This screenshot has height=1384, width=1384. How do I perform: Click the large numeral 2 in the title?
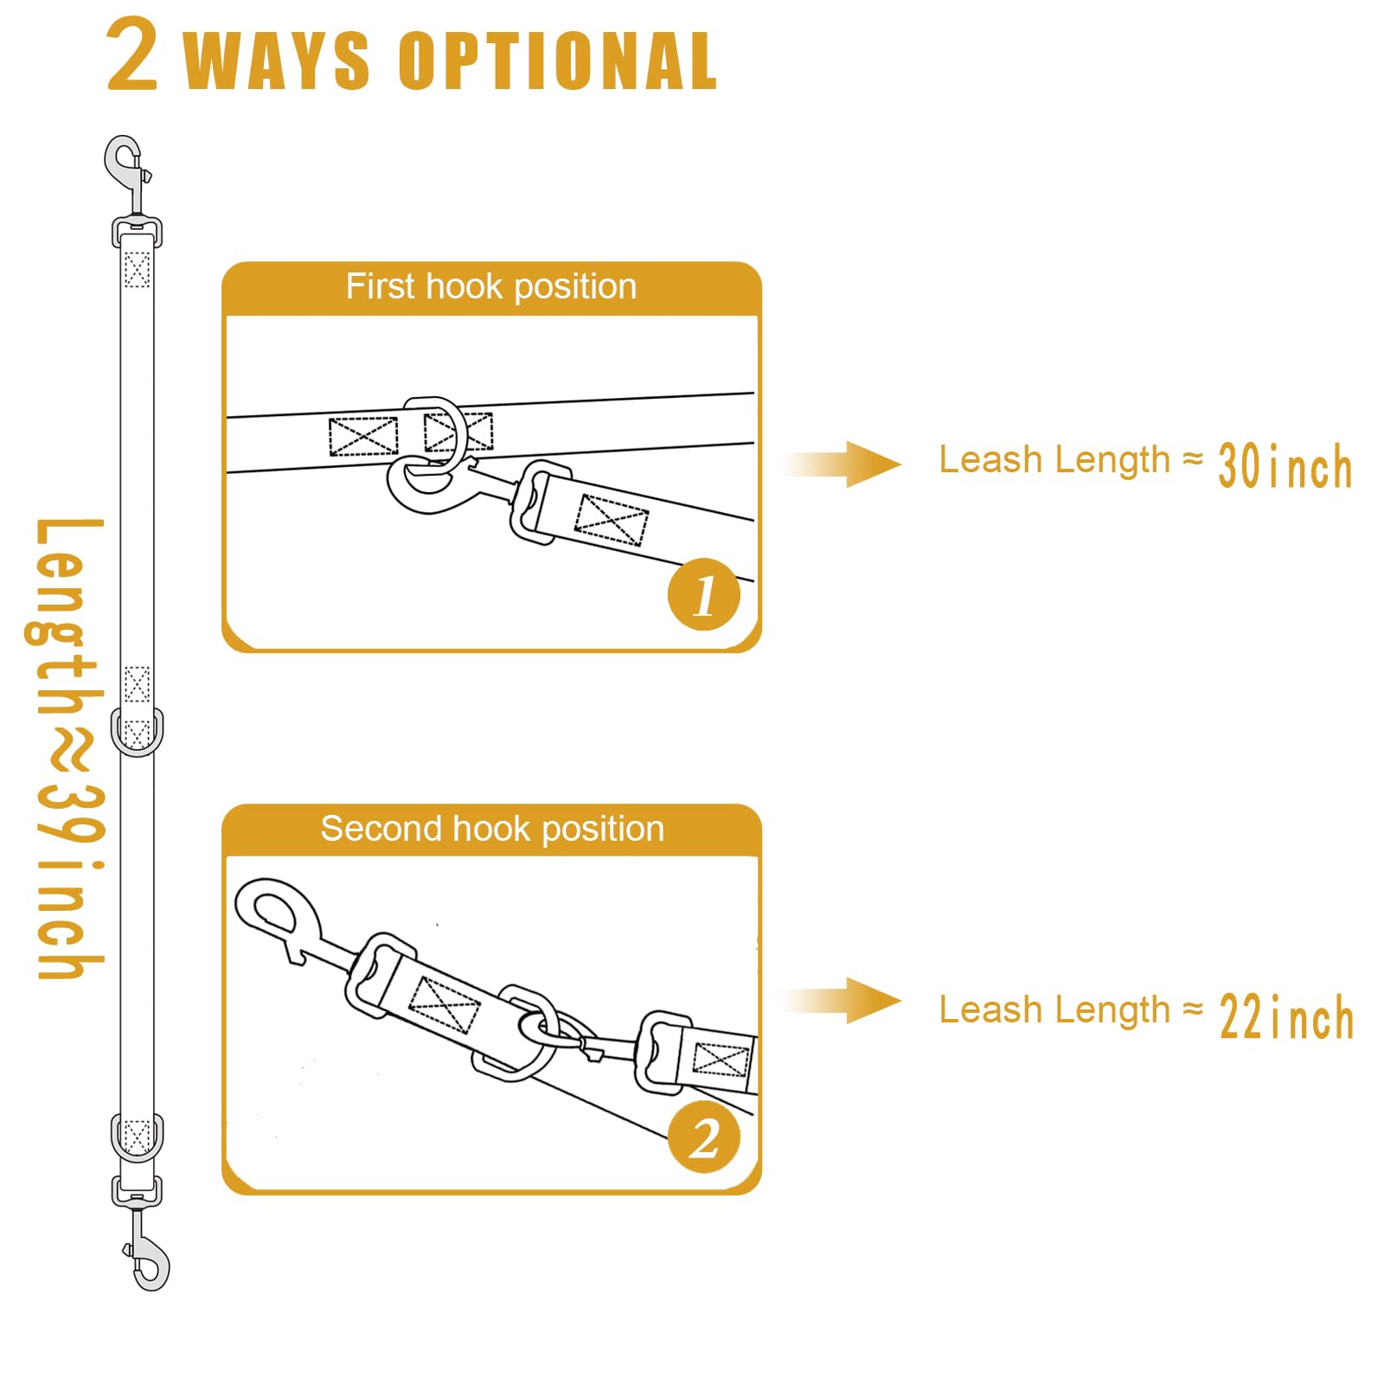pyautogui.click(x=132, y=55)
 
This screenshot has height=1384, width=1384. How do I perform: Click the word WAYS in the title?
pyautogui.click(x=277, y=61)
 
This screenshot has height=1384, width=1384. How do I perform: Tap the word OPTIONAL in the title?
pyautogui.click(x=558, y=61)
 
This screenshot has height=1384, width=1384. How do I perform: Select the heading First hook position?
pyautogui.click(x=491, y=286)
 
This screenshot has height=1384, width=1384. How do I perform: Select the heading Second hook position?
pyautogui.click(x=491, y=829)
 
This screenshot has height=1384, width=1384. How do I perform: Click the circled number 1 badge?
pyautogui.click(x=704, y=594)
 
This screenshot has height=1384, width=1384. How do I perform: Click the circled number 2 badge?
pyautogui.click(x=704, y=1137)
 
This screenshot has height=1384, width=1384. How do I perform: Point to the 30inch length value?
pyautogui.click(x=1285, y=466)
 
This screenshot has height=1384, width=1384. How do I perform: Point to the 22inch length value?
pyautogui.click(x=1286, y=1016)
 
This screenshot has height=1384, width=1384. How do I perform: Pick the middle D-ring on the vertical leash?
pyautogui.click(x=137, y=733)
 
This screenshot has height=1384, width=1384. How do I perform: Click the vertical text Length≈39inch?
pyautogui.click(x=67, y=748)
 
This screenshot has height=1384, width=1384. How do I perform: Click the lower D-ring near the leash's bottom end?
pyautogui.click(x=137, y=1137)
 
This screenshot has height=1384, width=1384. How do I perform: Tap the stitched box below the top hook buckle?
pyautogui.click(x=137, y=269)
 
